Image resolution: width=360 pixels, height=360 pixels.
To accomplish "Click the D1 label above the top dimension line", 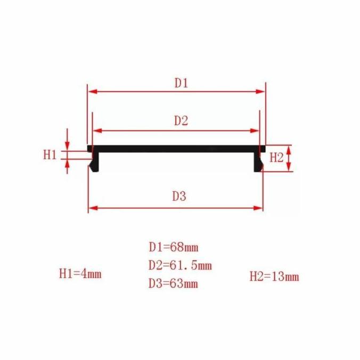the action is click(x=181, y=83).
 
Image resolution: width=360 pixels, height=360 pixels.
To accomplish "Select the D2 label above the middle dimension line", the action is click(x=181, y=121).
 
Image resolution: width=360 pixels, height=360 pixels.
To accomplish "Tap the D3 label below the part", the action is click(x=179, y=197).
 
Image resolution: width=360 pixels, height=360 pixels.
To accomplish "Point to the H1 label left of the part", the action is click(x=50, y=154).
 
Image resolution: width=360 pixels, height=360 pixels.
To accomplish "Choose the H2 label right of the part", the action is click(x=276, y=158).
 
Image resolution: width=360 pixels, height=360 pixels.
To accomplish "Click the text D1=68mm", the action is click(x=174, y=247).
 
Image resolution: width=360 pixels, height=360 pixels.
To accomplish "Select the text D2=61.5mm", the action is click(x=180, y=265).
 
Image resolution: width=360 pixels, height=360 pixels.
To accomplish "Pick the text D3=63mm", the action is click(x=173, y=283).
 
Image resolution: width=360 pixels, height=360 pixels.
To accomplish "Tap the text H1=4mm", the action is click(x=80, y=274).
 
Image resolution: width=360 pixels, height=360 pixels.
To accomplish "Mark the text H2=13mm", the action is click(x=274, y=276).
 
